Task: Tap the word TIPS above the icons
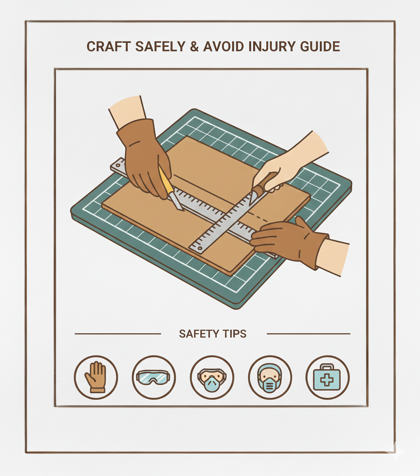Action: point(234,334)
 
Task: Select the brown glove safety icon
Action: point(96,377)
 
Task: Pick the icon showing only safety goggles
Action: point(154,377)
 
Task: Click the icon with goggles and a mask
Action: point(212,377)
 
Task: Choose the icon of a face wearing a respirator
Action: point(269,377)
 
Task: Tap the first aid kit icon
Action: point(327,377)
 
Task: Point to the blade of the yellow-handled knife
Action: point(176,202)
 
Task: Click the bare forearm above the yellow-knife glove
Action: point(127,110)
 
